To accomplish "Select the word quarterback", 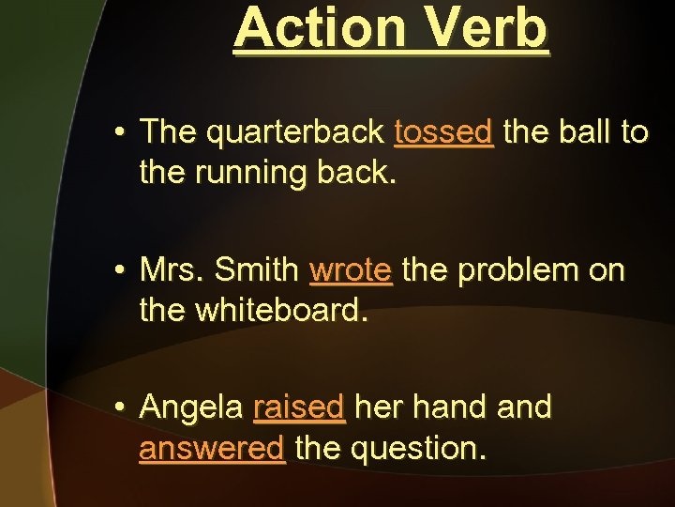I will click(294, 132).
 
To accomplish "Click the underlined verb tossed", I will click(443, 132).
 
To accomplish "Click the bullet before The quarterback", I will click(121, 133).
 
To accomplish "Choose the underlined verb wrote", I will click(351, 270).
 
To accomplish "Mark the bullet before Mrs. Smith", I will click(121, 271).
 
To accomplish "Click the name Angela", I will click(192, 408).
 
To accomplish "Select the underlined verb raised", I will click(299, 408).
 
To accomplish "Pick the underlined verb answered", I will click(212, 448).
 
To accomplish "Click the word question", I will click(417, 449).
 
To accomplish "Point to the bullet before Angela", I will click(121, 408).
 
